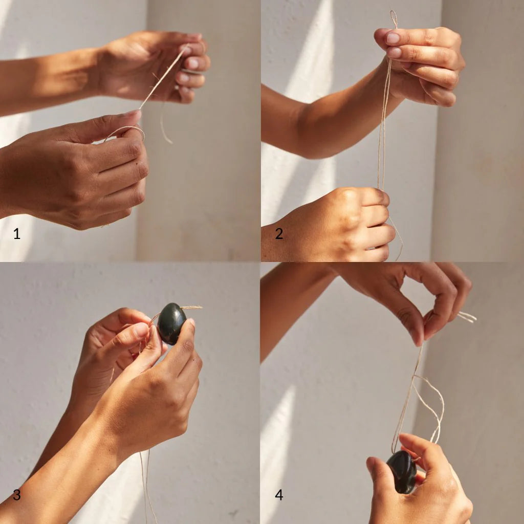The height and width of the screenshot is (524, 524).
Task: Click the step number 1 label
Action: (17, 234)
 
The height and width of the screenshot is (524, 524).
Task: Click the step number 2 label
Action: (279, 234)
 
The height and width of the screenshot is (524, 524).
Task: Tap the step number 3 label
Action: (17, 495)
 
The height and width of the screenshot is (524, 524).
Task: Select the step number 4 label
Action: (279, 495)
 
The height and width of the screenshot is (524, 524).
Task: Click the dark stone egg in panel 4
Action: (402, 472)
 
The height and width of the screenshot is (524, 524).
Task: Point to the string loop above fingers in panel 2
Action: (393, 18)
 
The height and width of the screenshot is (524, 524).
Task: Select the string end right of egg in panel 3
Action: (192, 308)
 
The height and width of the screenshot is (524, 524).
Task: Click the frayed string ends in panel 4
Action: (467, 317)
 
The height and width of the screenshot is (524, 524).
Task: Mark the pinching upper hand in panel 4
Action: (420, 302)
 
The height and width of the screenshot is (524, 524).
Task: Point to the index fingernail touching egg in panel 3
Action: (190, 323)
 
